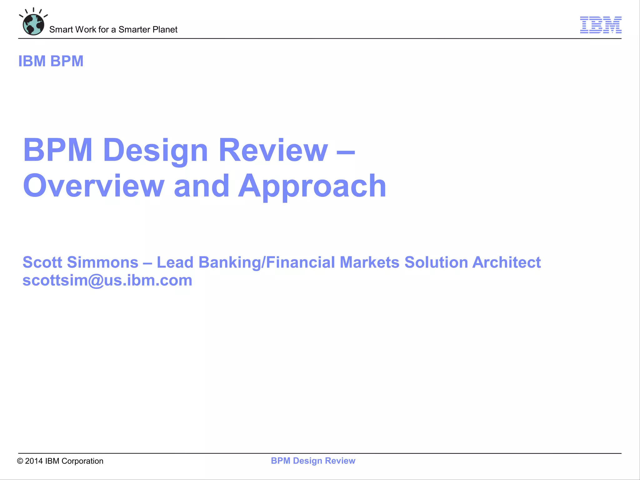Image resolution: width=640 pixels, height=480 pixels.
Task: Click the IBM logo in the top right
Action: point(601,25)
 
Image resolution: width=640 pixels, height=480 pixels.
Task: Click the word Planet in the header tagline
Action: point(165,29)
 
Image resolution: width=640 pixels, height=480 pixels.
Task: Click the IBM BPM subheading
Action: point(51,61)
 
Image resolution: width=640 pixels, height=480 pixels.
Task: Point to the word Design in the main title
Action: point(155,151)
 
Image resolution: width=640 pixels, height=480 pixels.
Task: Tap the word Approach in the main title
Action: point(312,187)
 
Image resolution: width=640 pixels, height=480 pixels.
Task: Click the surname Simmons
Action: point(103,262)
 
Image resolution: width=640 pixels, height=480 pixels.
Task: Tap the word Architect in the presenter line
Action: point(506,262)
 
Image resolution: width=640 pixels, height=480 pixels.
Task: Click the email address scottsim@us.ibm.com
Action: point(107,280)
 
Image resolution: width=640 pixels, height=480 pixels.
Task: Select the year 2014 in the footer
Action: point(34,461)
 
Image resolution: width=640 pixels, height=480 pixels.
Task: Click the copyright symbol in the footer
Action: point(20,461)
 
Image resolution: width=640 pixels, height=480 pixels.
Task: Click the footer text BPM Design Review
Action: point(313,461)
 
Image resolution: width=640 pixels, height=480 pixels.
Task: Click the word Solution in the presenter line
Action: point(438,262)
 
